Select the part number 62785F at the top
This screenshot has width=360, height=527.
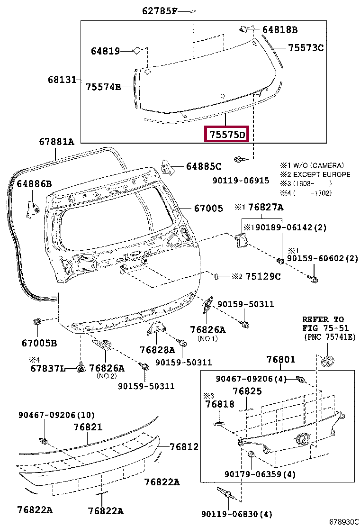[159, 10]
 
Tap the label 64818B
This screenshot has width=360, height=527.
[279, 30]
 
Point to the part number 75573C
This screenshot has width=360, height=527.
[306, 47]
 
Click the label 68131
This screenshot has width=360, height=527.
[62, 80]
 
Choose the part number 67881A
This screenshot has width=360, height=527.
[56, 142]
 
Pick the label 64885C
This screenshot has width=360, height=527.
[203, 166]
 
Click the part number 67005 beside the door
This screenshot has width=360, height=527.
[207, 208]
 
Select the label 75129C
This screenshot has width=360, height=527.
[263, 276]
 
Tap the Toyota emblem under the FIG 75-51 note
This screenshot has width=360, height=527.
[327, 362]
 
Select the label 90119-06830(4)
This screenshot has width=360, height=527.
[236, 514]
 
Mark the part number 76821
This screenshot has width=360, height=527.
[88, 427]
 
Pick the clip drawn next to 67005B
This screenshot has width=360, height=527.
[37, 322]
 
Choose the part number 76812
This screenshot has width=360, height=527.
[184, 447]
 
